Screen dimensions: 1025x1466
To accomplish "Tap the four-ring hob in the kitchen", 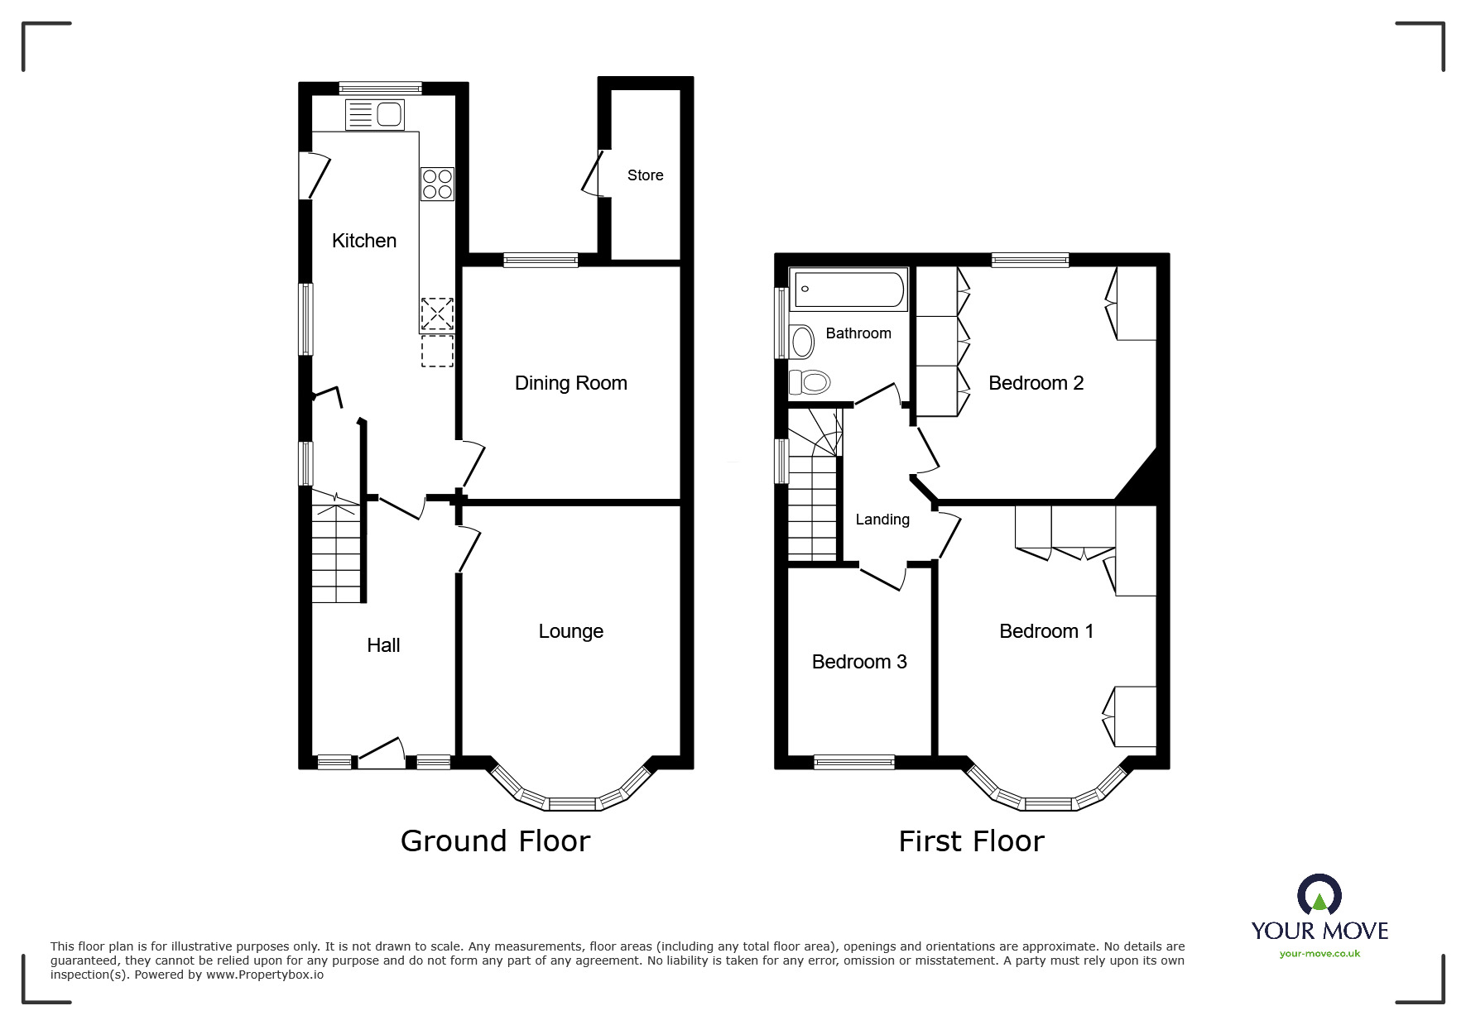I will coord(437,184).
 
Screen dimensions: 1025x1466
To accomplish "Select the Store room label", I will coord(645,175).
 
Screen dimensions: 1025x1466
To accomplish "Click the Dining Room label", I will coord(570,383).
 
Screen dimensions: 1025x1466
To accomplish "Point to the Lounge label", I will coord(570,631).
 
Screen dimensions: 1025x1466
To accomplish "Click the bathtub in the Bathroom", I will coord(848,290).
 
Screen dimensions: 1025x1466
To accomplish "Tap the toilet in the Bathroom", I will coord(810,382).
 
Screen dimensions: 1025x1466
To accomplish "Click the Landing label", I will coord(882,520).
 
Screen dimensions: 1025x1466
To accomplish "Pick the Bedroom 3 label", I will coord(859,662).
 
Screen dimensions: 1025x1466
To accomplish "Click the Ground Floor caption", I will coord(495,841).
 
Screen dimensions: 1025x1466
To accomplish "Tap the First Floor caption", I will coord(971,841).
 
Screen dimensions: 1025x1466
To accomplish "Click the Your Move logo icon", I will coord(1319,895).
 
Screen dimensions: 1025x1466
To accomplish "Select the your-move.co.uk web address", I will coord(1319,954).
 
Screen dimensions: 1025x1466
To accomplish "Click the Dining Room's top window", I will coord(541,260).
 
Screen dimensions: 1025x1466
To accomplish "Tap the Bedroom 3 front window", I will coord(853,762).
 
